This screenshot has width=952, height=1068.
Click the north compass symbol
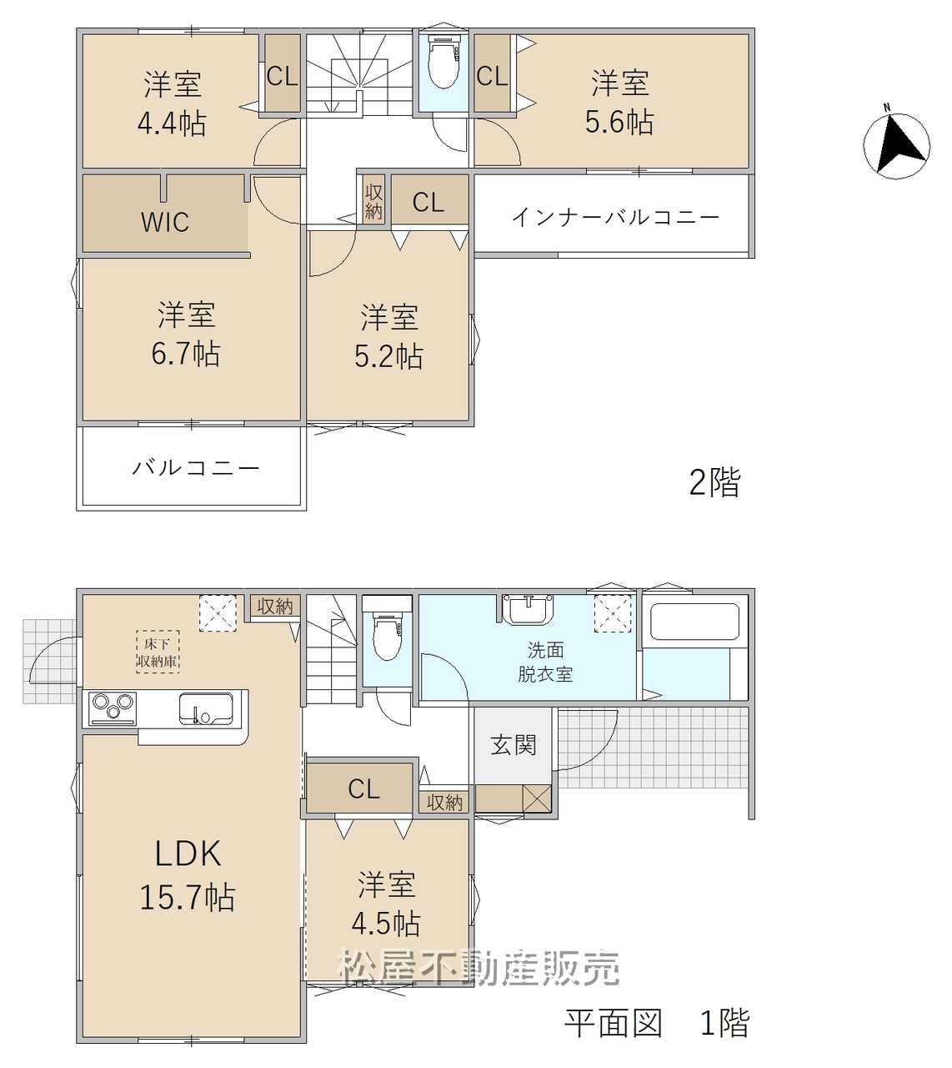coord(896,144)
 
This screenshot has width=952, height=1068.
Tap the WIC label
coord(165,221)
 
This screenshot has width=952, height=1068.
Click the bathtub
coord(694,622)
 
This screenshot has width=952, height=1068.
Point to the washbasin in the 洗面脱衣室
coord(528,611)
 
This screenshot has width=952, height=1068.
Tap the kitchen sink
coord(206,709)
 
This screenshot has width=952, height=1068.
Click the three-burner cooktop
coord(113,708)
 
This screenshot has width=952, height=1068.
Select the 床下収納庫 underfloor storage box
coord(158,652)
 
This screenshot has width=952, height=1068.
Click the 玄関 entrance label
coord(514,745)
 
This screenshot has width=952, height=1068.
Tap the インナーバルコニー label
coord(615,217)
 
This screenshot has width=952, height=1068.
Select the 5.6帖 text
coord(619,122)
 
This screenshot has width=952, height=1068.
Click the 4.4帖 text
coord(172,123)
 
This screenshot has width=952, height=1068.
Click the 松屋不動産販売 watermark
coord(479,967)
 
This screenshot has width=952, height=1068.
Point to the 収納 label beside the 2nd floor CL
coord(373,201)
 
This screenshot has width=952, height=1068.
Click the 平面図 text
coord(614,1023)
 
